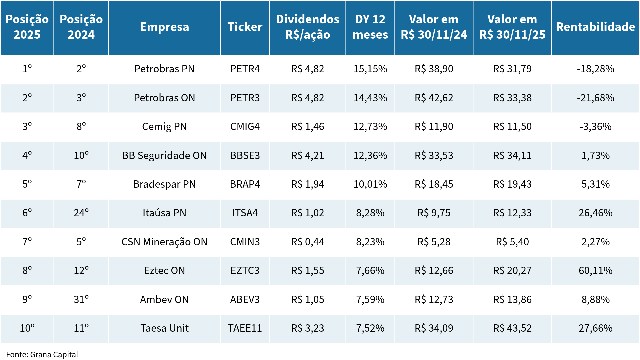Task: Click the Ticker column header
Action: [245, 27]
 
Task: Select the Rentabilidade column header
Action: [595, 27]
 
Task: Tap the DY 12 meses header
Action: [370, 27]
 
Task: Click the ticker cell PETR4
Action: [245, 69]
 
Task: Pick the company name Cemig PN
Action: [164, 127]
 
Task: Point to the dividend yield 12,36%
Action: [370, 156]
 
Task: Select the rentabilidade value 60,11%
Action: [595, 271]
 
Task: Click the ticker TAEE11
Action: [245, 328]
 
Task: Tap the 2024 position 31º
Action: [81, 300]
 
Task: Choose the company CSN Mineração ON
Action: [164, 242]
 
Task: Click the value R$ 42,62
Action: [434, 98]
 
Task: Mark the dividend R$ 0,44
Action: [307, 242]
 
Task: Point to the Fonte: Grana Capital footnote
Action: [42, 354]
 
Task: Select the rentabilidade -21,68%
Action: [595, 98]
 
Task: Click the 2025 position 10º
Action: [27, 328]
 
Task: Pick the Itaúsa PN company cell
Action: [164, 213]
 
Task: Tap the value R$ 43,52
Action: [512, 328]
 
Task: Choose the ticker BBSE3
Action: [245, 156]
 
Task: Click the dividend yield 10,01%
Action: [370, 184]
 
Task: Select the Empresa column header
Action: [164, 27]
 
